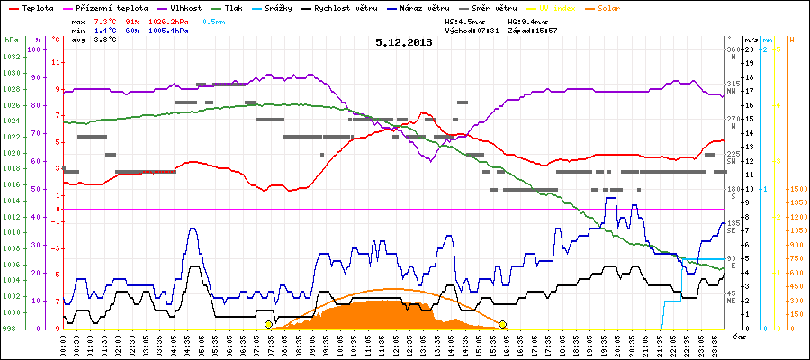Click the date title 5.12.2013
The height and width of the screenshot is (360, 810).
[x=404, y=42]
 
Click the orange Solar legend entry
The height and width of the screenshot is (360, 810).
[x=635, y=7]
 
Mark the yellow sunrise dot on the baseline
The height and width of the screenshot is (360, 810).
[x=268, y=324]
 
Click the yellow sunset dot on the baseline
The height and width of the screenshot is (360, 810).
[x=502, y=324]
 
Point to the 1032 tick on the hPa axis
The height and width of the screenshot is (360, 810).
[x=12, y=57]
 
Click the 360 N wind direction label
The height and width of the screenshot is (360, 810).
[x=733, y=53]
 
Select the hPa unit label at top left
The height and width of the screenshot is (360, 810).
[x=11, y=40]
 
